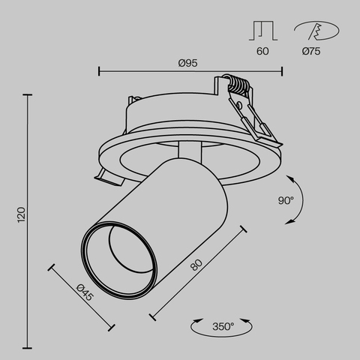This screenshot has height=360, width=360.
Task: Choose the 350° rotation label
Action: [223, 326]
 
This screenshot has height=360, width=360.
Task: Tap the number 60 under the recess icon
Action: [262, 52]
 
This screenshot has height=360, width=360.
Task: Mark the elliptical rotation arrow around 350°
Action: [223, 334]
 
